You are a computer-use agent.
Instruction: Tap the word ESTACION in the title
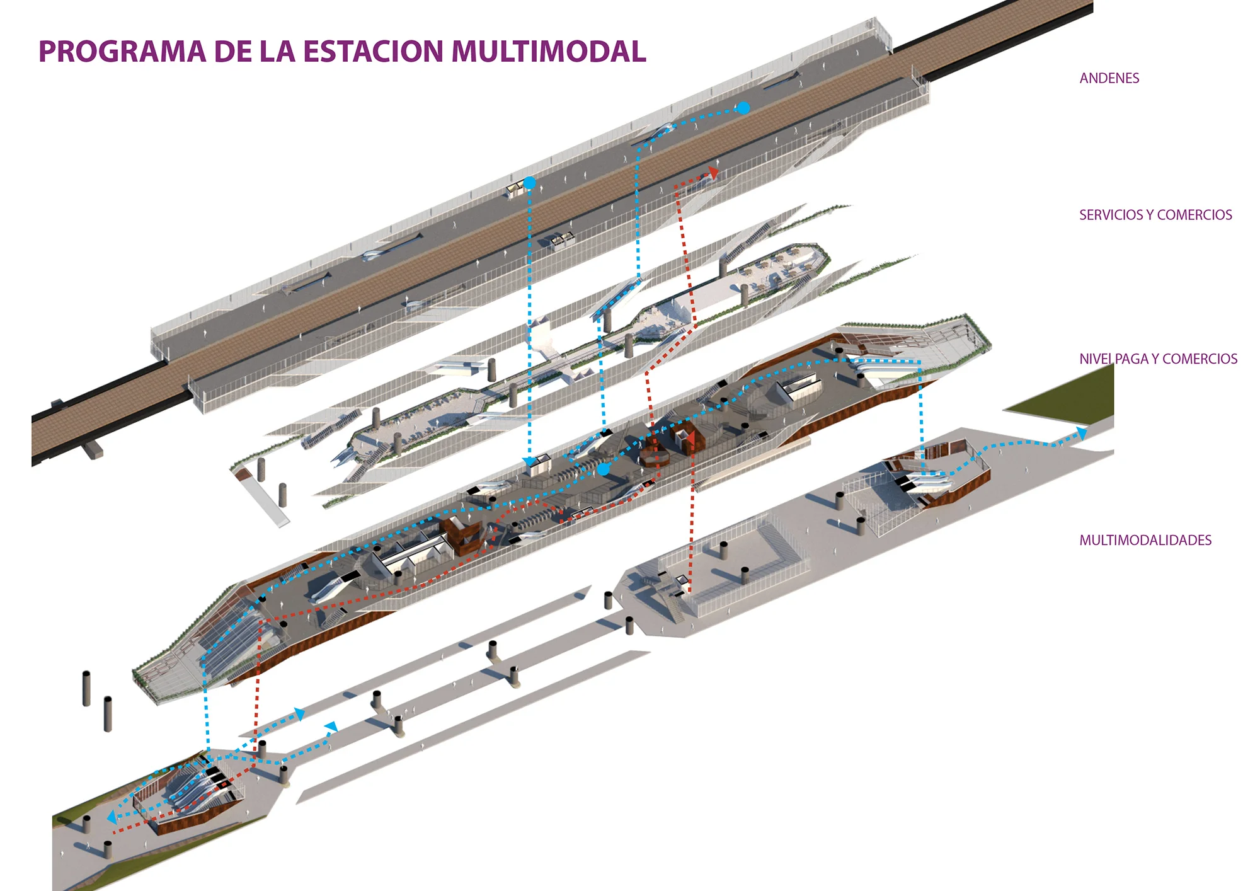[374, 52]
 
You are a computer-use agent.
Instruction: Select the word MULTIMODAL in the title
[549, 52]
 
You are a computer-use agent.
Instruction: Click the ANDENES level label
[1109, 78]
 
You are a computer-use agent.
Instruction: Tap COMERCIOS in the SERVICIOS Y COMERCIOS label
[1194, 215]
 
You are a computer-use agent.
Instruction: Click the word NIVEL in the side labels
[1096, 359]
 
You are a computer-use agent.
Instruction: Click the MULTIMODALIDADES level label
[1145, 540]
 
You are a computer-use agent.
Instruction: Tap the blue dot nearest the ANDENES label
[744, 108]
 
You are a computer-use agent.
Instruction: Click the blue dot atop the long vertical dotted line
[530, 183]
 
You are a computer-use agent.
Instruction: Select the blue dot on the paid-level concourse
[604, 469]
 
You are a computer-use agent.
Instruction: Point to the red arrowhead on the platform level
[713, 173]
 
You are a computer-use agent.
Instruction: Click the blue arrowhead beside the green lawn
[1081, 433]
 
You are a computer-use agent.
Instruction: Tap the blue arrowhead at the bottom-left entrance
[112, 817]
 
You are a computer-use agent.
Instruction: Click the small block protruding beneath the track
[92, 450]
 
